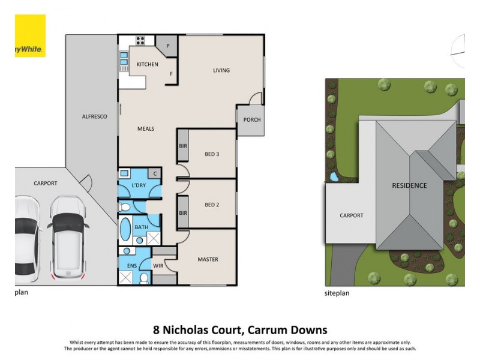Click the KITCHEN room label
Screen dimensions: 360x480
click(x=147, y=64)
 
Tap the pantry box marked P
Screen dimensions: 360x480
click(x=167, y=46)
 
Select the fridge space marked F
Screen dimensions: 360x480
click(x=171, y=74)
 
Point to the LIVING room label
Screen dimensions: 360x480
click(x=221, y=70)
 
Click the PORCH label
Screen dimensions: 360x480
click(x=252, y=119)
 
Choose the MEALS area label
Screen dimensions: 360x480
click(x=146, y=128)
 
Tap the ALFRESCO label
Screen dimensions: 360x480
click(x=94, y=116)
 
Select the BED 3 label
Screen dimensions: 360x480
click(x=212, y=154)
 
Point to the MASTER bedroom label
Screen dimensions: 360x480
click(x=208, y=259)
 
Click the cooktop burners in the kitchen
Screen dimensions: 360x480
click(x=141, y=41)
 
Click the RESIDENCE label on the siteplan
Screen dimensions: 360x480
click(x=409, y=185)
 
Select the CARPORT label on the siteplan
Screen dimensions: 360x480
click(x=351, y=215)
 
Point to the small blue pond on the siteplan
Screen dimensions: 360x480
click(x=334, y=177)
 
